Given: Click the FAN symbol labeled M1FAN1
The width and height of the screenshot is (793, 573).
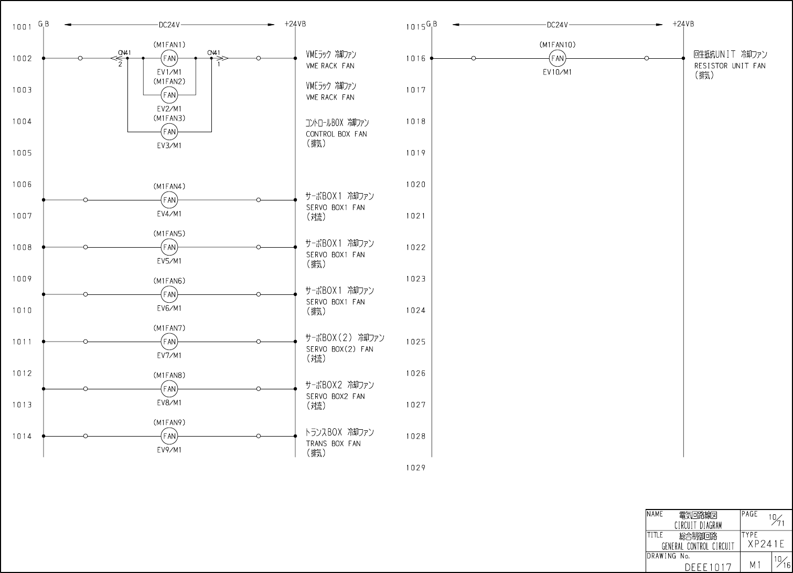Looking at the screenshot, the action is (x=169, y=58).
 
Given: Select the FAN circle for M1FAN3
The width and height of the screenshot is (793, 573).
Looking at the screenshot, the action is (x=169, y=132).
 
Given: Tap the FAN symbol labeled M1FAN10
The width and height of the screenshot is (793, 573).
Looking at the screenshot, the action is (x=557, y=58).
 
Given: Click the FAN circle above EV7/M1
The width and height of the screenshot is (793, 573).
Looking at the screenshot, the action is (x=169, y=342).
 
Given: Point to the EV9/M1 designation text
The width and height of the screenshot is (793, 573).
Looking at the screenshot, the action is (x=169, y=450).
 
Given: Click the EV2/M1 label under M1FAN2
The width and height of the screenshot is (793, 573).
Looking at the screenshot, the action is (x=169, y=109).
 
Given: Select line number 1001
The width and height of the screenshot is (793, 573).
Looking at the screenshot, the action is (x=22, y=27).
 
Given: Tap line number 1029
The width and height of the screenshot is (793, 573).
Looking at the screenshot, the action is (x=415, y=468).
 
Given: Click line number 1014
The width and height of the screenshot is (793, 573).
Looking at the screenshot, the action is (x=22, y=436).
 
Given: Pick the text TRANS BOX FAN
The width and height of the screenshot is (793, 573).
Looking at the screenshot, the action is (x=333, y=444).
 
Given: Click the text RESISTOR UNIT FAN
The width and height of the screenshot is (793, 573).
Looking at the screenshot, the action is (x=730, y=66).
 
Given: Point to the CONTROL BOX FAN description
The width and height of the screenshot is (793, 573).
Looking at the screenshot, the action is (x=336, y=134).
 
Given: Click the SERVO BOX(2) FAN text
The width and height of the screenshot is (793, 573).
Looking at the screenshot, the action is (x=339, y=349).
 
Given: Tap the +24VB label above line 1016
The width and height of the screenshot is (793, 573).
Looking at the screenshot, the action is (x=683, y=24).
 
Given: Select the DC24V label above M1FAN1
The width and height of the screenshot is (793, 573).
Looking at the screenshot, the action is (x=169, y=25).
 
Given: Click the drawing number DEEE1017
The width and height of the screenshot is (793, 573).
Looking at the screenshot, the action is (x=708, y=567).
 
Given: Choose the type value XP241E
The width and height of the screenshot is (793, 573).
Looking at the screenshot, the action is (x=766, y=544).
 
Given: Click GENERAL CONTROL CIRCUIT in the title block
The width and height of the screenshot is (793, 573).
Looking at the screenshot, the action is (x=698, y=547).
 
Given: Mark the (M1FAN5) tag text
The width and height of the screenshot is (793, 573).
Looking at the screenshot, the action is (x=169, y=234).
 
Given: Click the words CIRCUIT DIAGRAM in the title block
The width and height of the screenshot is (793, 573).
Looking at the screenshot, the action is (x=698, y=525).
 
